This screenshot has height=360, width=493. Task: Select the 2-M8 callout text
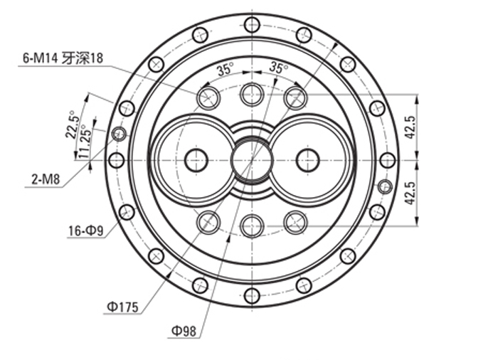46,179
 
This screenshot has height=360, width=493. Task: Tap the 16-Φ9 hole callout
86,231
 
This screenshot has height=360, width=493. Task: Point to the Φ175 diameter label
122,307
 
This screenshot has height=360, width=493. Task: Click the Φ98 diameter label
184,331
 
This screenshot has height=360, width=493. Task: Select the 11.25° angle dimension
85,142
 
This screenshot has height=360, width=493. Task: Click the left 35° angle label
226,69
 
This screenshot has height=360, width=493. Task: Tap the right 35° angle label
279,68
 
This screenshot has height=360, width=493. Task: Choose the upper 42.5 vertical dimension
410,127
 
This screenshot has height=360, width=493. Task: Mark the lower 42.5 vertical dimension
410,193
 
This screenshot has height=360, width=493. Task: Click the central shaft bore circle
252,160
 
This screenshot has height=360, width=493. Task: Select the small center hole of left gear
196,160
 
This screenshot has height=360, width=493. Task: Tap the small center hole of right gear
308,160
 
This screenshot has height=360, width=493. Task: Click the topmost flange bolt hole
252,24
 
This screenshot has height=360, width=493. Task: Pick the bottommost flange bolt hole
252,295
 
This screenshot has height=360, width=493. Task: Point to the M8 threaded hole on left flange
119,134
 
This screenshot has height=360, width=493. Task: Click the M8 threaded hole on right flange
385,187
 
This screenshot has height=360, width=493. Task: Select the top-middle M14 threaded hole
252,94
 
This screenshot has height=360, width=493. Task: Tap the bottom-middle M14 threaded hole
252,226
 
